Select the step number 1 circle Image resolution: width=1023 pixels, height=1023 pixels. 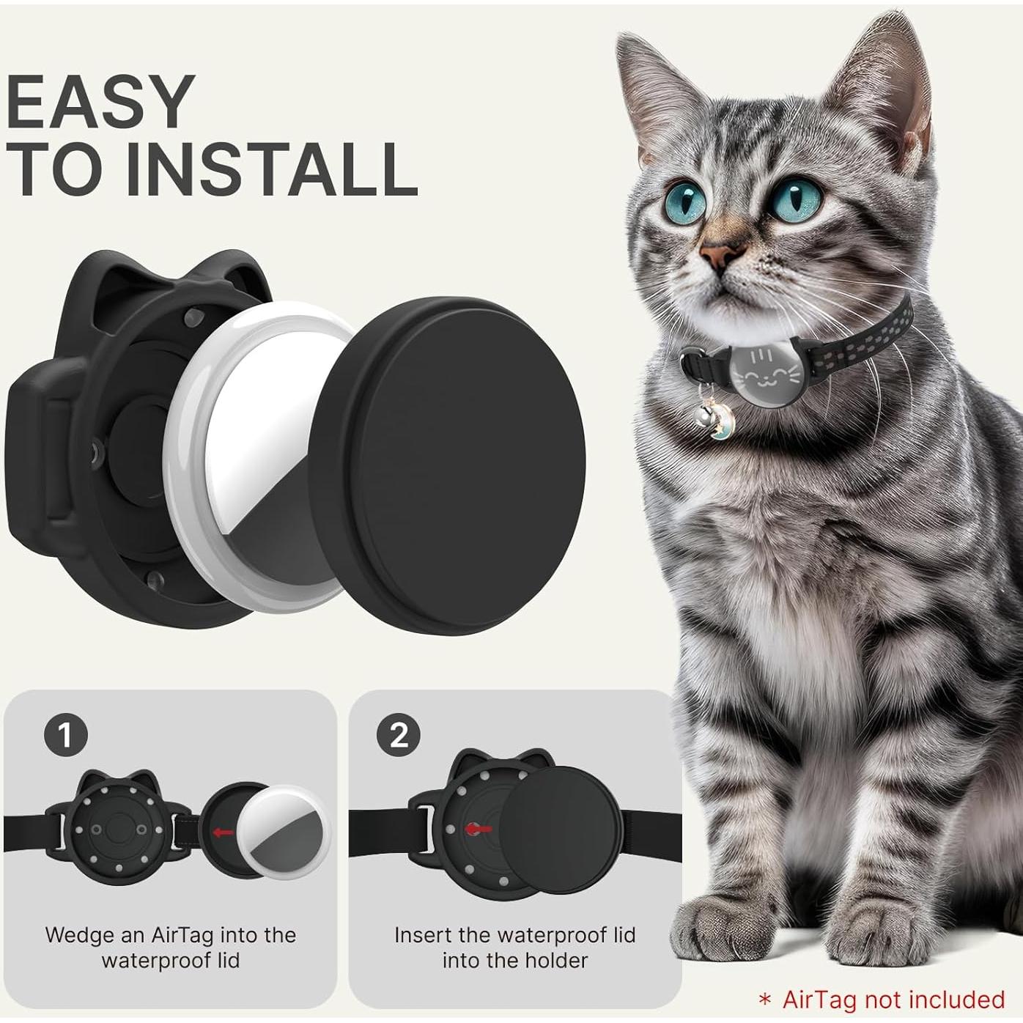[65, 734]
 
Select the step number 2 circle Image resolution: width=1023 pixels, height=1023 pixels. [399, 734]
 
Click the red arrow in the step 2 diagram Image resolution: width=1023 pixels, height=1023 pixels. [480, 829]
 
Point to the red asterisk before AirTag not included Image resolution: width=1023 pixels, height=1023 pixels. [765, 1000]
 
